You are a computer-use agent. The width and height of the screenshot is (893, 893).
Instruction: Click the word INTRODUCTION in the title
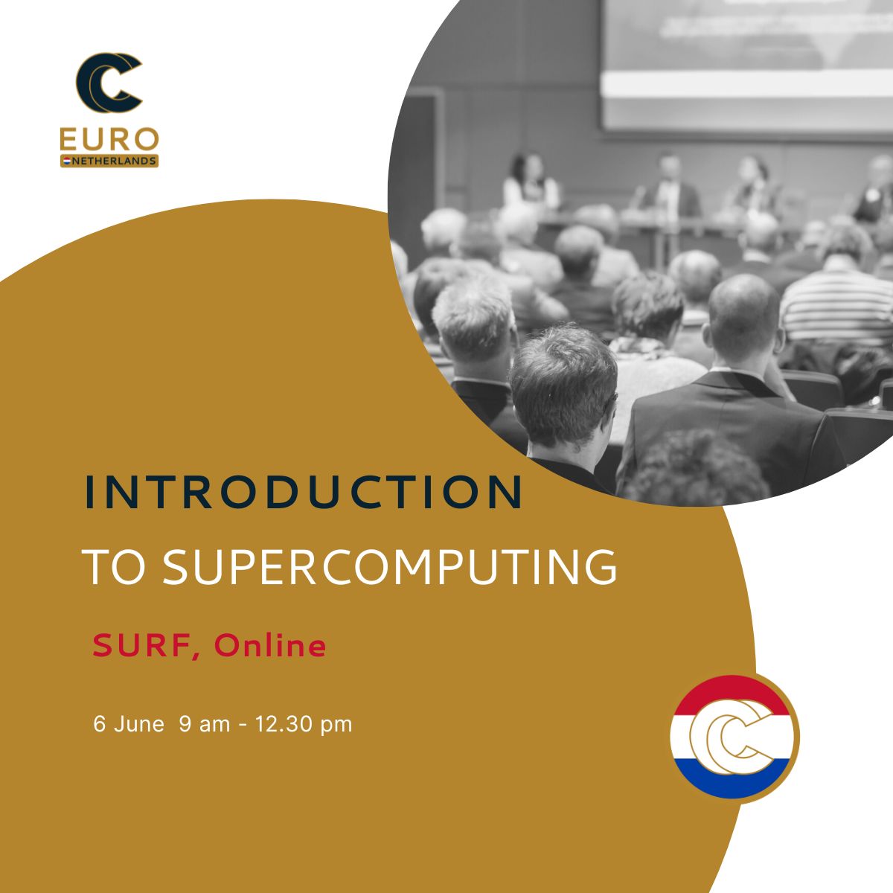[x=304, y=492]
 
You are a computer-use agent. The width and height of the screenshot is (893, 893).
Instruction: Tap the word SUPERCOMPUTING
[x=390, y=567]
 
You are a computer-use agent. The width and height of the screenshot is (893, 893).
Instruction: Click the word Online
[x=270, y=644]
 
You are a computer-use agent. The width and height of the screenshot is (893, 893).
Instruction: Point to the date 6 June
[x=128, y=724]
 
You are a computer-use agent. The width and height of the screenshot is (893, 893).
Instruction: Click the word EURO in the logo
[x=109, y=139]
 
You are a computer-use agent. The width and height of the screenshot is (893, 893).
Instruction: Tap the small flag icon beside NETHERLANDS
[x=66, y=161]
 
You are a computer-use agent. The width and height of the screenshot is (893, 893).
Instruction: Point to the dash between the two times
[x=243, y=726]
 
